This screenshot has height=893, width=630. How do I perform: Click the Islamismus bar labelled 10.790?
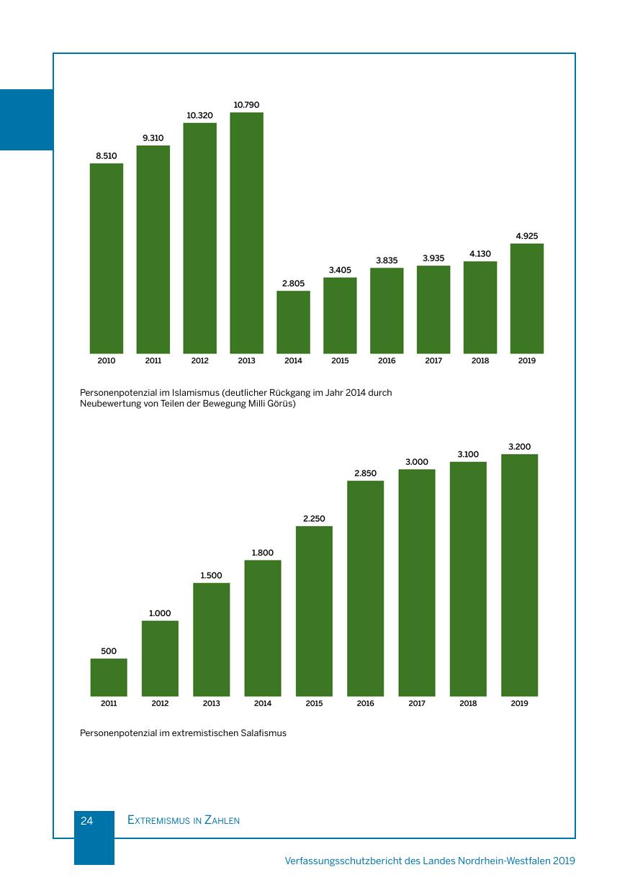pos(246,232)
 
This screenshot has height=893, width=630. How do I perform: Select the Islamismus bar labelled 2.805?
pos(293,322)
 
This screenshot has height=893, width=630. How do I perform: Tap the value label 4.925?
pos(527,236)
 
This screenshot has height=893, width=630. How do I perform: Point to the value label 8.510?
pos(106,155)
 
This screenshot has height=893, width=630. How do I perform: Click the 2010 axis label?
pos(106,361)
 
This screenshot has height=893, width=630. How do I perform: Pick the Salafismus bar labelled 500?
pos(109,677)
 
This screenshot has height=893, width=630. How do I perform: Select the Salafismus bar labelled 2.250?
pos(314,611)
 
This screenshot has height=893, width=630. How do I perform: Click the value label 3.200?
pos(519,447)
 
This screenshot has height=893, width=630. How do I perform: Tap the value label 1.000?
pos(160,613)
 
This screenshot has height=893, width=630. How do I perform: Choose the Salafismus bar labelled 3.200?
pos(519,575)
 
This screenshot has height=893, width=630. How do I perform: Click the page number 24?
pos(86,820)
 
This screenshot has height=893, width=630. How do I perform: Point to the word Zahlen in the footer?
pos(222,820)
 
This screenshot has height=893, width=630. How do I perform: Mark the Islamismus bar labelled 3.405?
pos(340,315)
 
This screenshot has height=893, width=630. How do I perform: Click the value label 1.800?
pos(262,553)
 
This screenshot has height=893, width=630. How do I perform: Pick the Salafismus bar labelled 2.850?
pos(365,588)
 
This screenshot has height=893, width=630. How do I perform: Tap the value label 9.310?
pos(153,137)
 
